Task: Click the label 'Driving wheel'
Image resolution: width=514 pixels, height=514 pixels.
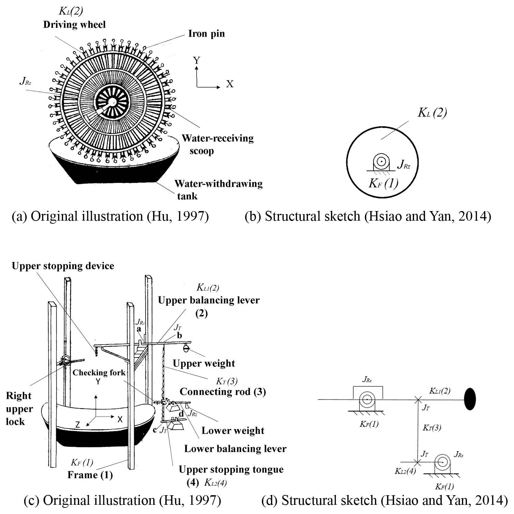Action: click(x=74, y=25)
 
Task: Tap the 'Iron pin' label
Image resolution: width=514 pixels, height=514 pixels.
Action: click(x=206, y=33)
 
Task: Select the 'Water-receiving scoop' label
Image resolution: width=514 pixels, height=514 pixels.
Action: click(x=217, y=144)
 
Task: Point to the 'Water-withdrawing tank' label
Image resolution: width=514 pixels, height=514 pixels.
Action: click(x=218, y=190)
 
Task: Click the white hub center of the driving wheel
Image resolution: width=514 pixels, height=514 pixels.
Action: click(x=112, y=101)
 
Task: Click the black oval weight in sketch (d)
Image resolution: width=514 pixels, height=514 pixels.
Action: click(x=470, y=399)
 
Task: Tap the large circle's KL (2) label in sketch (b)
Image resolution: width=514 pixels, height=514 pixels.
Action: click(x=432, y=113)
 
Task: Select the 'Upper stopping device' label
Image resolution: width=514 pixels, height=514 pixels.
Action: click(x=63, y=266)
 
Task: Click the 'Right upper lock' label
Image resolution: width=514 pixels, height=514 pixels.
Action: click(x=19, y=408)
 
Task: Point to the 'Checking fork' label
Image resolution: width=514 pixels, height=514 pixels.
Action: click(x=99, y=372)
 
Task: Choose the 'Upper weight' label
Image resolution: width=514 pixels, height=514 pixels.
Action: click(x=204, y=363)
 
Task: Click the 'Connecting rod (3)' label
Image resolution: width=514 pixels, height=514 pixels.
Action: click(x=223, y=391)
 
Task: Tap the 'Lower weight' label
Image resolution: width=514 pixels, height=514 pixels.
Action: click(x=233, y=430)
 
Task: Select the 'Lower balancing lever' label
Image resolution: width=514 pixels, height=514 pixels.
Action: click(x=235, y=448)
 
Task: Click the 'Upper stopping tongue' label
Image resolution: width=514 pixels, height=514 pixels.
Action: click(x=231, y=470)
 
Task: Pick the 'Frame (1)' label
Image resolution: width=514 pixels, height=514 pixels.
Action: click(x=90, y=475)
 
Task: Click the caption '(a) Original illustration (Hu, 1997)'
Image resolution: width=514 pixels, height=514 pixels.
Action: click(x=110, y=217)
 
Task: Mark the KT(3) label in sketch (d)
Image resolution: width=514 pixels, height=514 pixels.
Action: click(x=432, y=427)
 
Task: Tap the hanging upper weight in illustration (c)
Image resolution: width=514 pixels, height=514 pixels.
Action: click(x=186, y=348)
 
